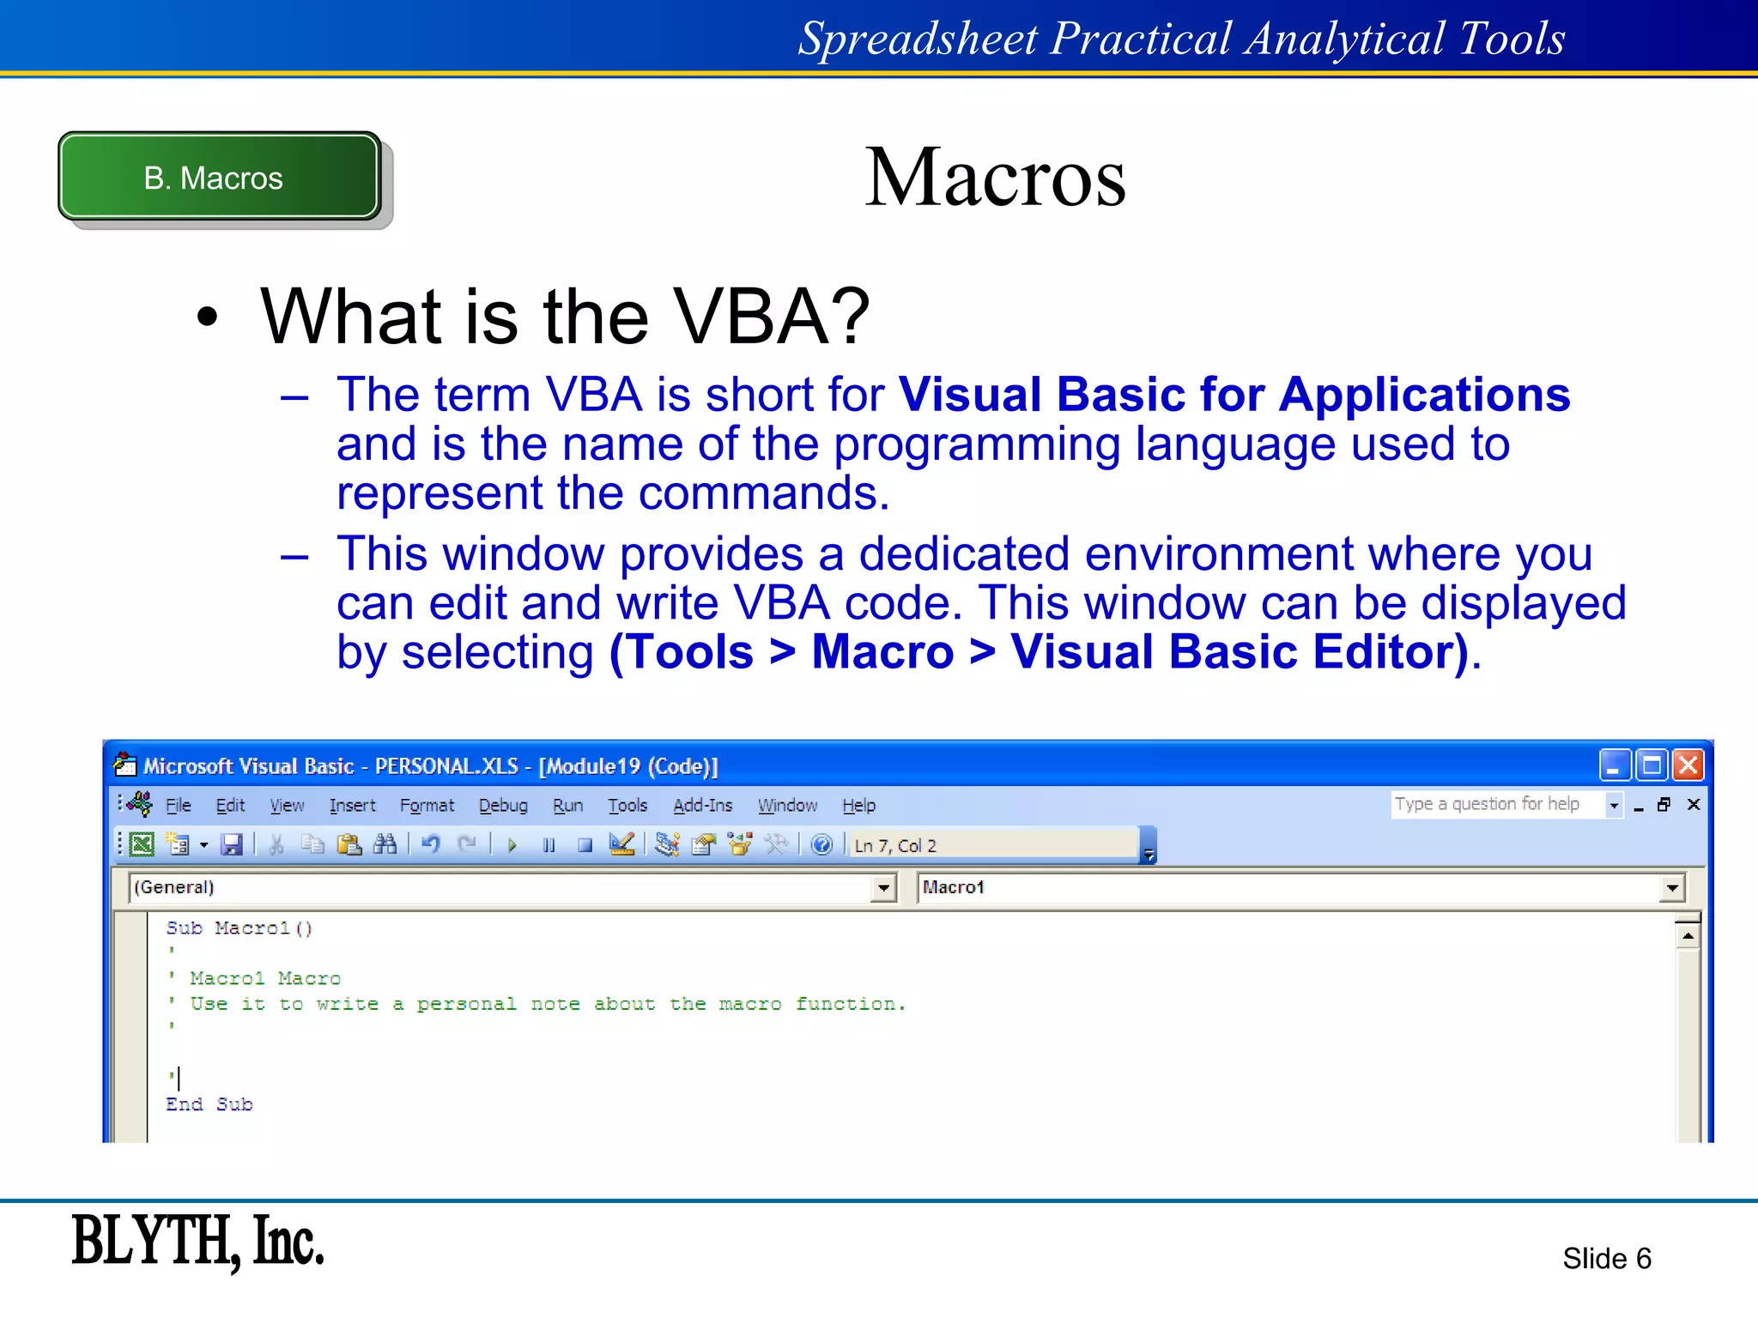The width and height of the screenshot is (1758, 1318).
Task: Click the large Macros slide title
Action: coord(994,177)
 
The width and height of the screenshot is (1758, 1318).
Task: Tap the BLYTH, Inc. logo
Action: coord(197,1241)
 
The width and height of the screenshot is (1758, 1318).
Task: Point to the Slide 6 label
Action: coord(1606,1258)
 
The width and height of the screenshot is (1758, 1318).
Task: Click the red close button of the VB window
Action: coord(1688,765)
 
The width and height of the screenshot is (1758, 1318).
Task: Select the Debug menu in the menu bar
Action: coord(503,805)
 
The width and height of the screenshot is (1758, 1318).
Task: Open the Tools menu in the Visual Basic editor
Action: coord(627,805)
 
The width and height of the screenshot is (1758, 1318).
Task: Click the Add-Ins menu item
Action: coord(702,805)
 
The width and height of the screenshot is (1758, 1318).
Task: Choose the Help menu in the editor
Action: coord(858,805)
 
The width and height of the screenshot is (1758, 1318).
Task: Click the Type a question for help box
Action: coord(1494,804)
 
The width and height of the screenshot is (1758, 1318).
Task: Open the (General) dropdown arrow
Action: coord(882,887)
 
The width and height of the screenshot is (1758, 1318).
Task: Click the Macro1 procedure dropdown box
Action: coord(1288,887)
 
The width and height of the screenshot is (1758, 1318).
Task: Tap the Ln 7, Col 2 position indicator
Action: coord(895,845)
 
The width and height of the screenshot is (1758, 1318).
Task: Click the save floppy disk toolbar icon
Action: coord(232,845)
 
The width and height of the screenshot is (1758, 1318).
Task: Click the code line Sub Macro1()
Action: coord(239,928)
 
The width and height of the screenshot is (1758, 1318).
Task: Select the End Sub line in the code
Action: coord(209,1104)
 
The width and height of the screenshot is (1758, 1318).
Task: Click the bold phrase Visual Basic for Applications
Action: coord(1234,395)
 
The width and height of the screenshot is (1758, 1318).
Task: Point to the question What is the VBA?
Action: coord(565,317)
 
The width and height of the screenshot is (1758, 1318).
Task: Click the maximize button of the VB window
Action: coord(1651,765)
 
